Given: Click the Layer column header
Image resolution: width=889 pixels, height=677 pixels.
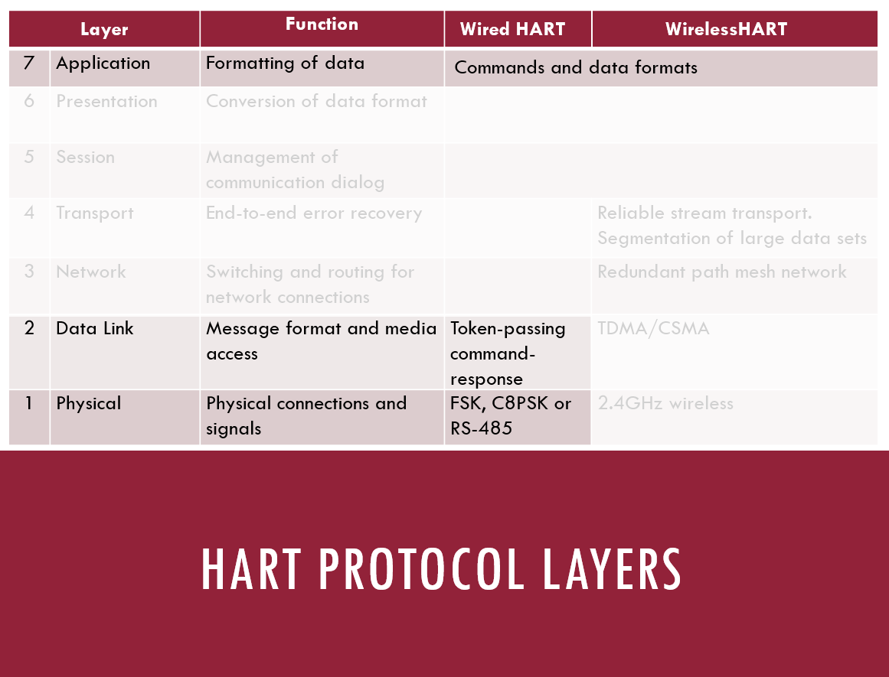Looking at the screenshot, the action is click(104, 30).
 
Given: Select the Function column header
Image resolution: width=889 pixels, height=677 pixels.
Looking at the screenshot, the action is click(322, 24).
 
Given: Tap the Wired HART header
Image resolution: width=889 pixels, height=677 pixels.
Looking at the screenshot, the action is click(512, 29).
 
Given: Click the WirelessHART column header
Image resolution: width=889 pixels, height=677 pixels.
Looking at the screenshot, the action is click(726, 29).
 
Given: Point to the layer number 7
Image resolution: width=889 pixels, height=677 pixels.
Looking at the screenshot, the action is click(29, 62).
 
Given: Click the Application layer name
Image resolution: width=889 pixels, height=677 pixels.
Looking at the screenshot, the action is click(103, 63).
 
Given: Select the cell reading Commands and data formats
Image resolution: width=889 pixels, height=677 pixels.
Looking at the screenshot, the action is click(576, 67).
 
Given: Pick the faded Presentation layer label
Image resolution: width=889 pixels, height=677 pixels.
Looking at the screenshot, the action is click(106, 101).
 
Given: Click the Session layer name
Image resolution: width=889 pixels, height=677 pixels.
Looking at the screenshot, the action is click(85, 157).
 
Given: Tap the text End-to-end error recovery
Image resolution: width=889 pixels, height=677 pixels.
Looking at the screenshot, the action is click(313, 213).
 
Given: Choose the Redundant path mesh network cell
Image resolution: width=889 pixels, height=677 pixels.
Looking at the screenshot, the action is click(722, 272).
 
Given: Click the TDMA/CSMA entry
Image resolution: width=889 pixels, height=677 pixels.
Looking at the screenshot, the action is click(653, 329).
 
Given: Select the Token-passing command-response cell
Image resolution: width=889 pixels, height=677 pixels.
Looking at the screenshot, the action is click(508, 353).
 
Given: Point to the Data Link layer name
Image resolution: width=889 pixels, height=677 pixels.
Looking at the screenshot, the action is click(95, 328).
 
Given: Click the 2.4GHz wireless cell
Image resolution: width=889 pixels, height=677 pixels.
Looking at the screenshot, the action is click(665, 403).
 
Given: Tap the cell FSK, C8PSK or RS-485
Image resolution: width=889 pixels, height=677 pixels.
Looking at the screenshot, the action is click(510, 416).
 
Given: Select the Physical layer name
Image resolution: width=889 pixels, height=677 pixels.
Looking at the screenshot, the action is click(89, 403).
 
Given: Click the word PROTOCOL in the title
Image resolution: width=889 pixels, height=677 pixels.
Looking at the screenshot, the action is click(421, 569).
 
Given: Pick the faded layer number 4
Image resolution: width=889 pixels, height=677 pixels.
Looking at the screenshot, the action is click(29, 213).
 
